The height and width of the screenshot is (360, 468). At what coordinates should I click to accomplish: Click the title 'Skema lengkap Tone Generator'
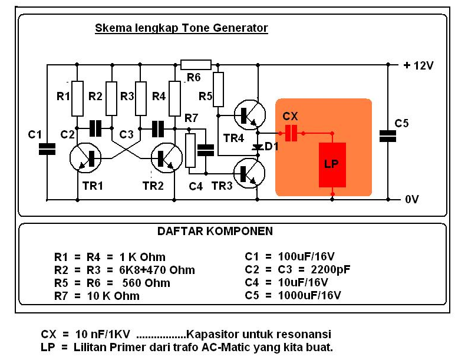click(x=181, y=28)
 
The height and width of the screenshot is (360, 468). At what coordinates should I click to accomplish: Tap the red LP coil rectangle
click(x=332, y=165)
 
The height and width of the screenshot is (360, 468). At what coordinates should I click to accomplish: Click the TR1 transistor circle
click(x=85, y=158)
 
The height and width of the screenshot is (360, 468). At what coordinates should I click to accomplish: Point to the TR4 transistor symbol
click(x=249, y=114)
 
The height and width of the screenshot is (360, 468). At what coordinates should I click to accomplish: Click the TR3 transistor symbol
click(x=249, y=173)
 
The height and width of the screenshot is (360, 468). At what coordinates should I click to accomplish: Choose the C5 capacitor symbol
click(x=388, y=136)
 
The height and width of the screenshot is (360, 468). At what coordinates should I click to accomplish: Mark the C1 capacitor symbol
click(x=47, y=148)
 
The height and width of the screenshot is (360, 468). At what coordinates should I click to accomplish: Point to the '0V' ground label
click(x=411, y=200)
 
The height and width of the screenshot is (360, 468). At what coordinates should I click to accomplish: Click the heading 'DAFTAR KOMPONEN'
click(x=215, y=232)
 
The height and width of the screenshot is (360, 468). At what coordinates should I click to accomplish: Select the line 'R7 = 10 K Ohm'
click(x=97, y=295)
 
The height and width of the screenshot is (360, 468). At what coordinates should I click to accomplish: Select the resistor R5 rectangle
click(x=219, y=90)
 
